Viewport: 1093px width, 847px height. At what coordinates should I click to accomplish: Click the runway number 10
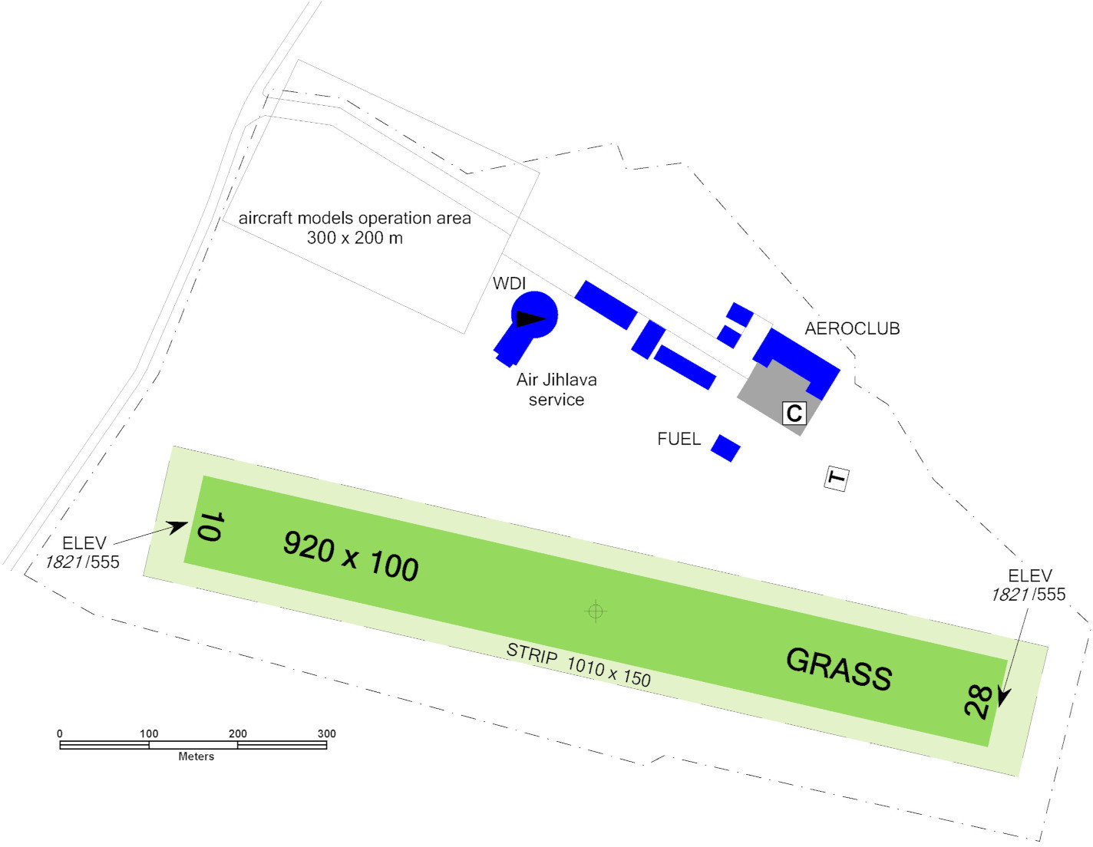210,526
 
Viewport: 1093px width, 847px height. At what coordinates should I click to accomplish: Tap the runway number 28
978,701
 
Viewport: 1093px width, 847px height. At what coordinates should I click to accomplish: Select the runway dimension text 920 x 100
351,555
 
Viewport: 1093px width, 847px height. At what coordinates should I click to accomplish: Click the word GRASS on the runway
839,669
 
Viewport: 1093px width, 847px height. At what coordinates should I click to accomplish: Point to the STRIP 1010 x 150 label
578,664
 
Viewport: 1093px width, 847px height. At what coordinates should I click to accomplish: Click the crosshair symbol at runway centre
596,611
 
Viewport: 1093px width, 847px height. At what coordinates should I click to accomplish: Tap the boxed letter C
794,413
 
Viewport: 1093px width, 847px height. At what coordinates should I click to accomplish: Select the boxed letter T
837,478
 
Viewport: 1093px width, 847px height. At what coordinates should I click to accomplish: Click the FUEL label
679,439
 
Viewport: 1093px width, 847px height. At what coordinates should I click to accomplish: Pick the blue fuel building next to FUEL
725,448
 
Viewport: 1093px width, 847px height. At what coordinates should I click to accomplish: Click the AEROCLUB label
852,328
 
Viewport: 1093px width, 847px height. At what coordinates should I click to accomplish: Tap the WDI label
509,283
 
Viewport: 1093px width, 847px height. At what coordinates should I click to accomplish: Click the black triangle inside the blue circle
530,318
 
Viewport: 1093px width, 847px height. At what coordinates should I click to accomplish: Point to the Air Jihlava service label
556,389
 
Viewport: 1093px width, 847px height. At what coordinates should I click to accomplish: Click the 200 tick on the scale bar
237,733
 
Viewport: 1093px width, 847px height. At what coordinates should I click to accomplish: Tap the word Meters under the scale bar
196,756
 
